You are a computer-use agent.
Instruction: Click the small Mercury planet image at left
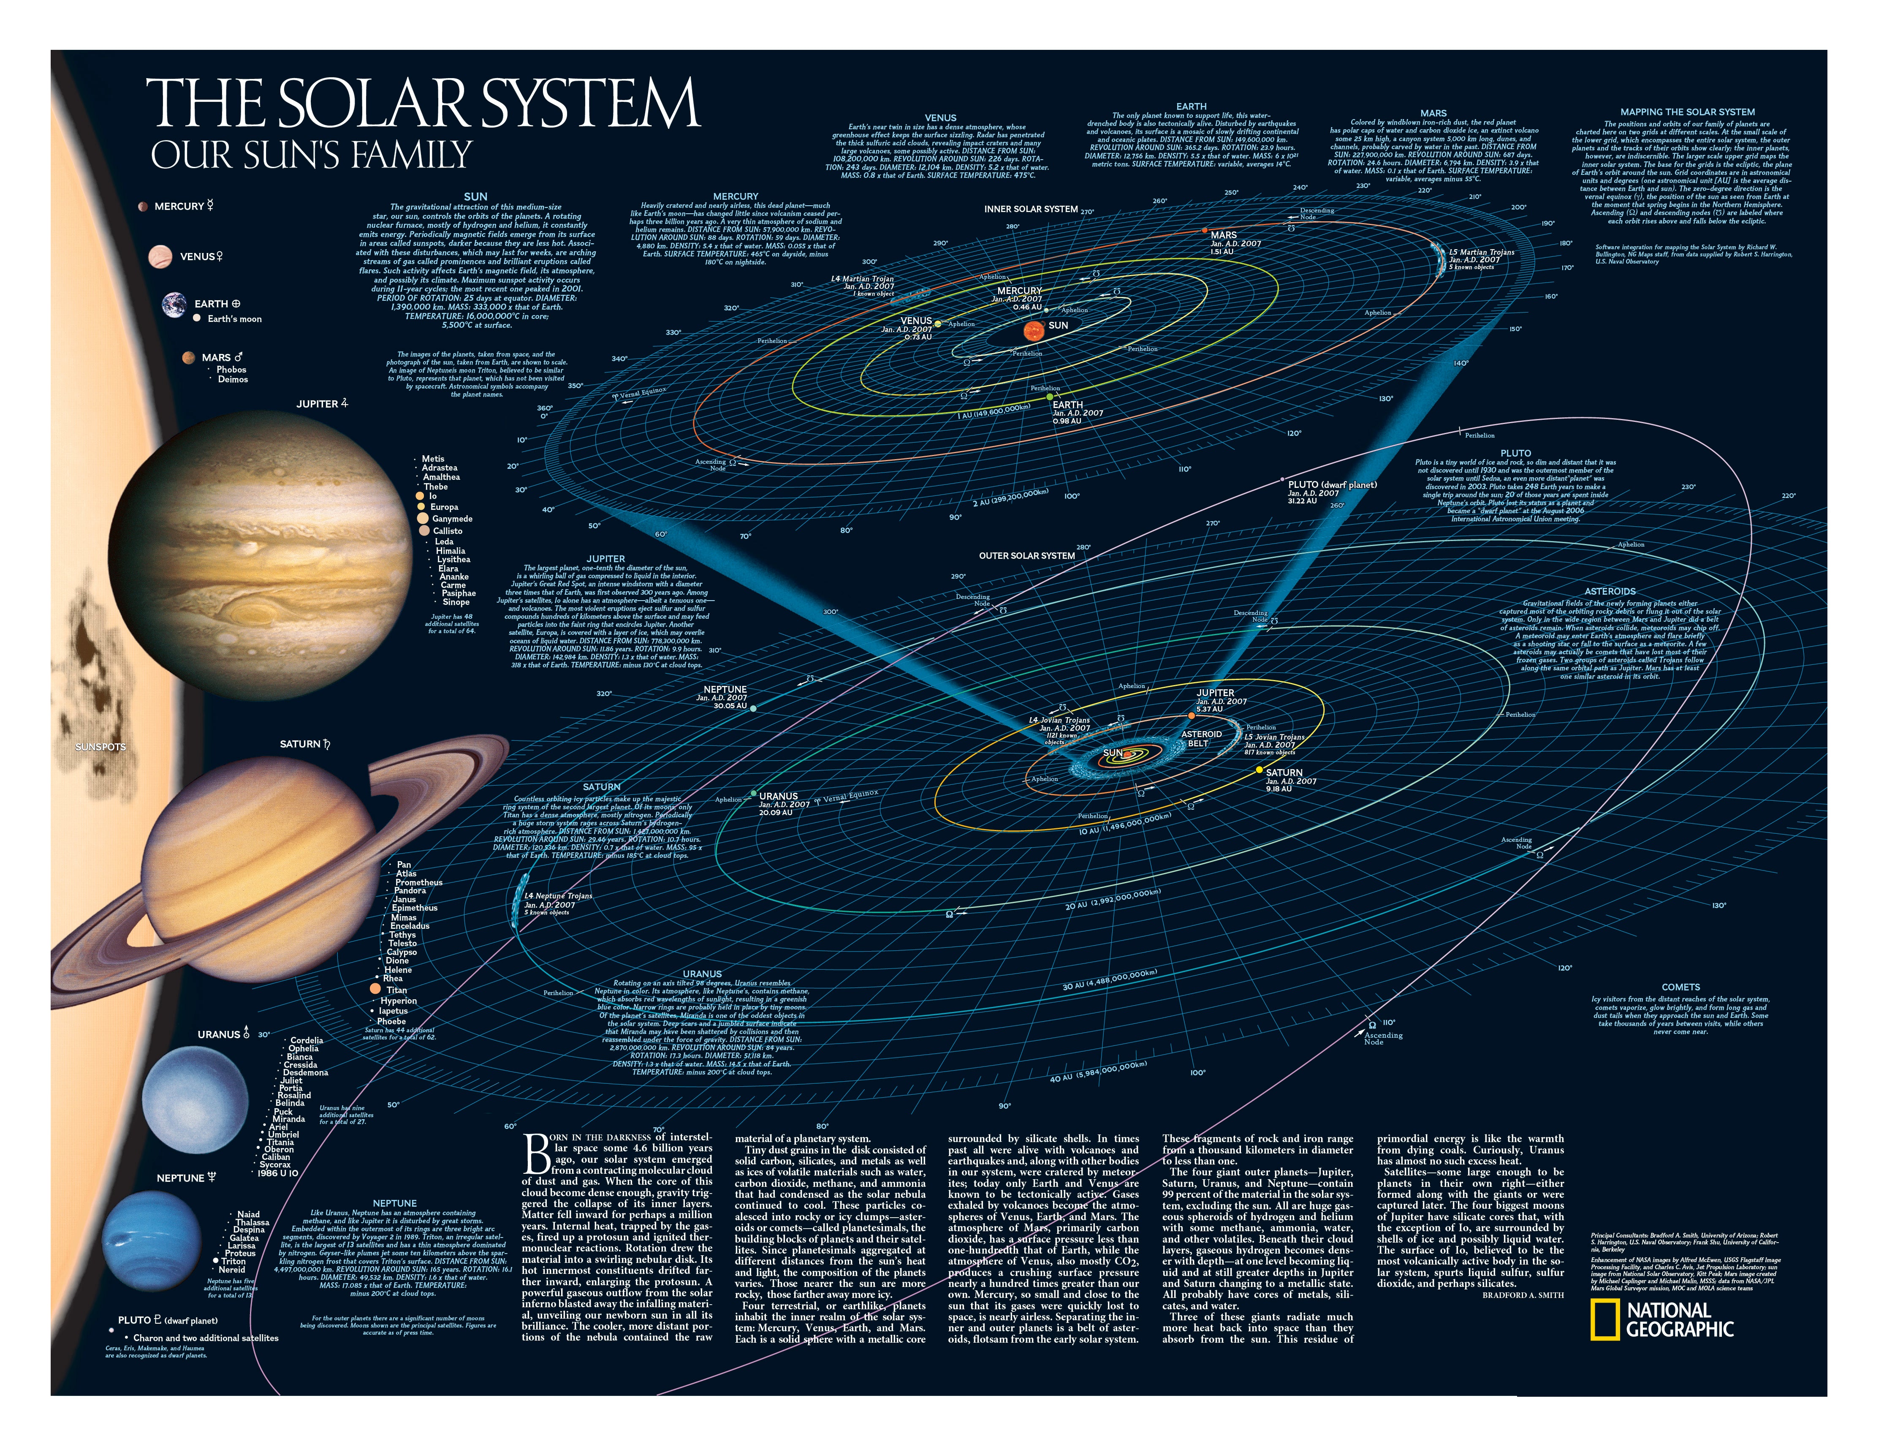click(142, 207)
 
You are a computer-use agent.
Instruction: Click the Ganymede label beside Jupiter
click(452, 519)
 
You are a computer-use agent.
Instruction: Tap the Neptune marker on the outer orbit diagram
click(753, 708)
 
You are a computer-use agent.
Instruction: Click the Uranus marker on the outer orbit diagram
click(753, 793)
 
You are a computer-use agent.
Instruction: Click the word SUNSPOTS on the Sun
click(101, 747)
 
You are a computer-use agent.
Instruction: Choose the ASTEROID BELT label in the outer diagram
click(1201, 738)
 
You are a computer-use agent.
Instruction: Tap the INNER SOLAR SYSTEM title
click(1031, 209)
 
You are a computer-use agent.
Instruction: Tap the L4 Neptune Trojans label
click(558, 896)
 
